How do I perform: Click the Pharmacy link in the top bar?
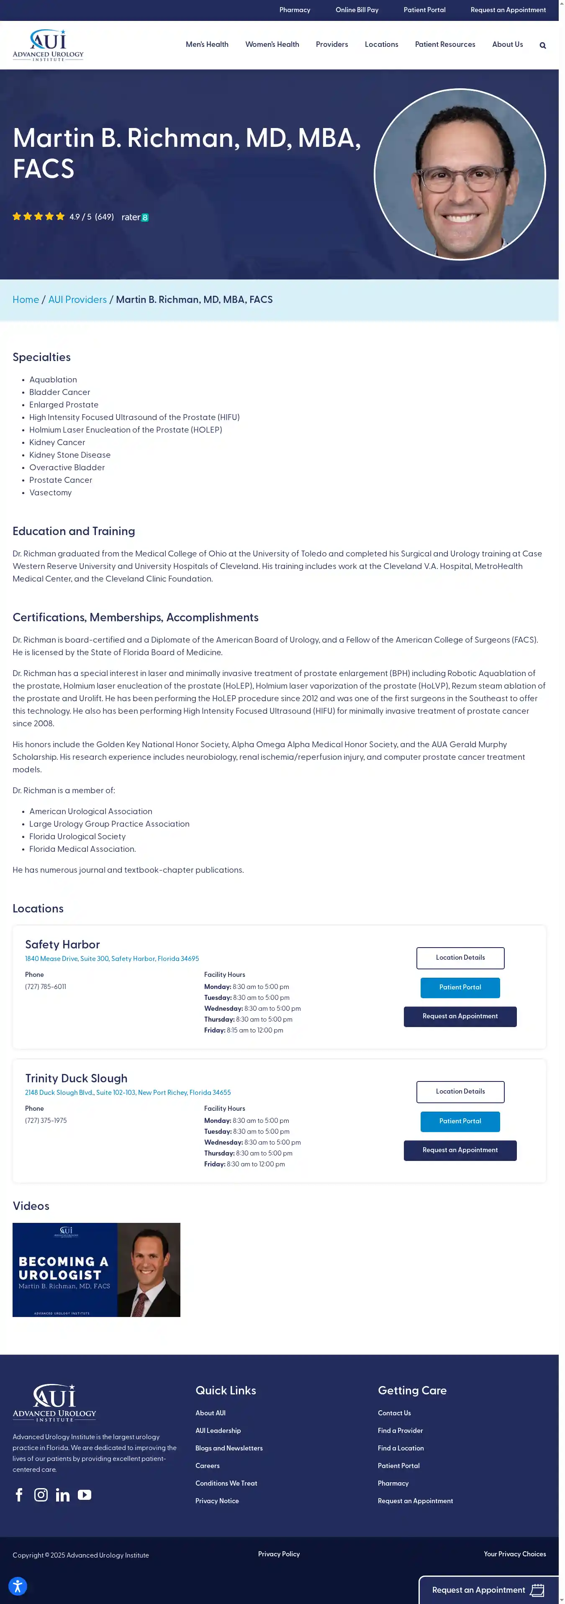[295, 10]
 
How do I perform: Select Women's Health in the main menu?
[272, 44]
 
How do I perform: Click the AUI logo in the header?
[48, 45]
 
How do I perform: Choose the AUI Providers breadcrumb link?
[77, 300]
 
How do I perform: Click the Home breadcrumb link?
[26, 300]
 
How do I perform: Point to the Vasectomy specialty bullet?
[51, 492]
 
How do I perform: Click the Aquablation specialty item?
[53, 380]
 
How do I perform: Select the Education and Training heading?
[74, 531]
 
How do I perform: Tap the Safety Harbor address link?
[112, 959]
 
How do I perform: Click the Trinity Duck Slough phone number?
[46, 1121]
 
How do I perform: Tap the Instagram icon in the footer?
[41, 1495]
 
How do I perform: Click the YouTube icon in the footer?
[85, 1495]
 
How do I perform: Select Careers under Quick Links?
[208, 1466]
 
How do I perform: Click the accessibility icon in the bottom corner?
[18, 1586]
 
